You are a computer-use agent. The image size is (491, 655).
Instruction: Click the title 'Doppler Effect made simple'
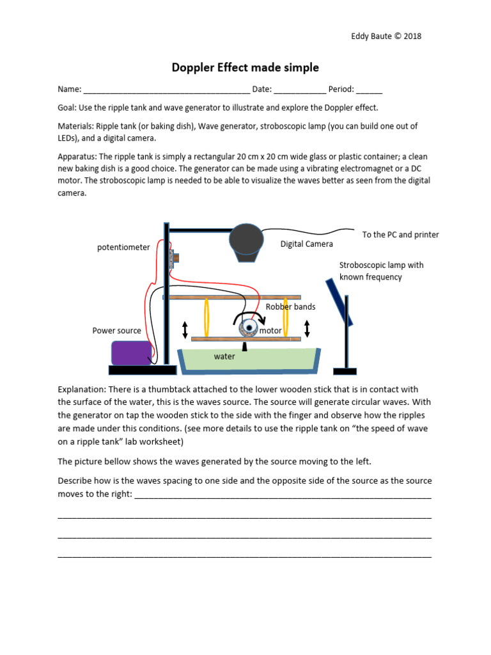(245, 68)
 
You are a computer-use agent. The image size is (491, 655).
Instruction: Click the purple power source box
(131, 352)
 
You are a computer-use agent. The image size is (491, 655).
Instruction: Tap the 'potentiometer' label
(123, 247)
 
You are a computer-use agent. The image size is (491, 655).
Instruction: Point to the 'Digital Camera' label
(307, 244)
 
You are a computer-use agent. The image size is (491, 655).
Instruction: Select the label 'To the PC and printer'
(400, 235)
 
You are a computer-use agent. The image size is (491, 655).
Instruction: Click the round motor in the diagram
(247, 328)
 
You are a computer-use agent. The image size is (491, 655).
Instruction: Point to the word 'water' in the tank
(224, 356)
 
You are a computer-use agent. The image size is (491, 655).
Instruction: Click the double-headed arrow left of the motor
(185, 329)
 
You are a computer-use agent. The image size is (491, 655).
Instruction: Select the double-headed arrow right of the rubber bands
(307, 329)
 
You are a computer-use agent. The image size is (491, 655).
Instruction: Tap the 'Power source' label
(117, 331)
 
